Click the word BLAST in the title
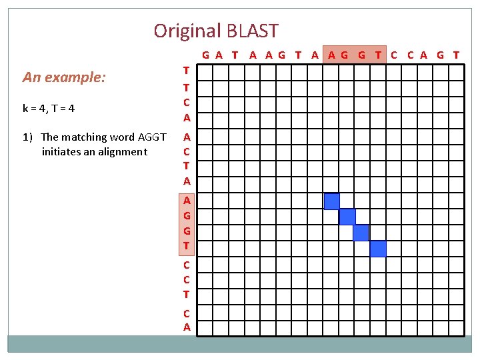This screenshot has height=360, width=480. click(x=253, y=31)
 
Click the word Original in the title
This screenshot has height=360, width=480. click(x=187, y=31)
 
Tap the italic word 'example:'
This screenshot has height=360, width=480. click(x=75, y=77)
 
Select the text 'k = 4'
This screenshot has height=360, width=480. click(x=33, y=107)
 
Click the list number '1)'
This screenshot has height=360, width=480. click(x=27, y=137)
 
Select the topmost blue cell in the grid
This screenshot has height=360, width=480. click(x=331, y=201)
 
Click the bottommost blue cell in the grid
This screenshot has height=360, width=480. click(x=378, y=249)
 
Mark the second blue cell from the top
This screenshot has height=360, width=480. click(x=347, y=217)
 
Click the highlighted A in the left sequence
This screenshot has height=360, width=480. click(x=187, y=200)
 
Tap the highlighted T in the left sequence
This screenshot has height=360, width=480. click(x=187, y=246)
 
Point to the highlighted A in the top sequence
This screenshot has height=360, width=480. click(x=331, y=55)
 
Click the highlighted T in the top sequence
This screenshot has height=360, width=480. click(x=378, y=55)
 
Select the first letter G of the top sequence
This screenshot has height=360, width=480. click(x=206, y=55)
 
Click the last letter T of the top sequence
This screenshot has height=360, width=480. click(x=456, y=55)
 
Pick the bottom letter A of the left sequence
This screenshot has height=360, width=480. click(x=187, y=327)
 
